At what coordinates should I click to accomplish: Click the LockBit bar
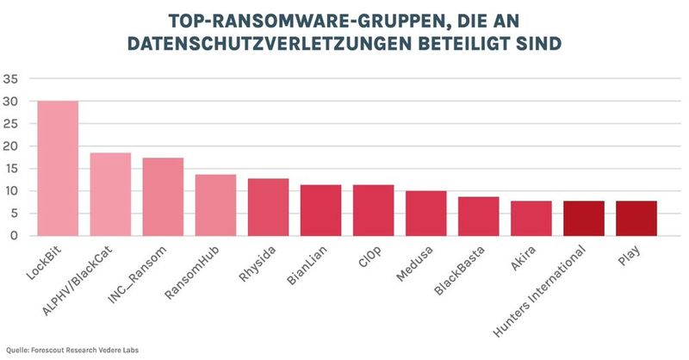[x=58, y=168]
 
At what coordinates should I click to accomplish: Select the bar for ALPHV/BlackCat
[x=110, y=194]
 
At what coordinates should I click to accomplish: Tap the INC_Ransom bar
[x=163, y=196]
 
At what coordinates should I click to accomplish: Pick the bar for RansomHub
[x=215, y=205]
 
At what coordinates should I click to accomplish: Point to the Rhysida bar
[x=268, y=207]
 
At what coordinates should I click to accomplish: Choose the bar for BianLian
[x=320, y=210]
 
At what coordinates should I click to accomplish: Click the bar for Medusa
[x=425, y=213]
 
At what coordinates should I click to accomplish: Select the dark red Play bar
[x=636, y=218]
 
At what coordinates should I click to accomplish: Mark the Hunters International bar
[x=583, y=218]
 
